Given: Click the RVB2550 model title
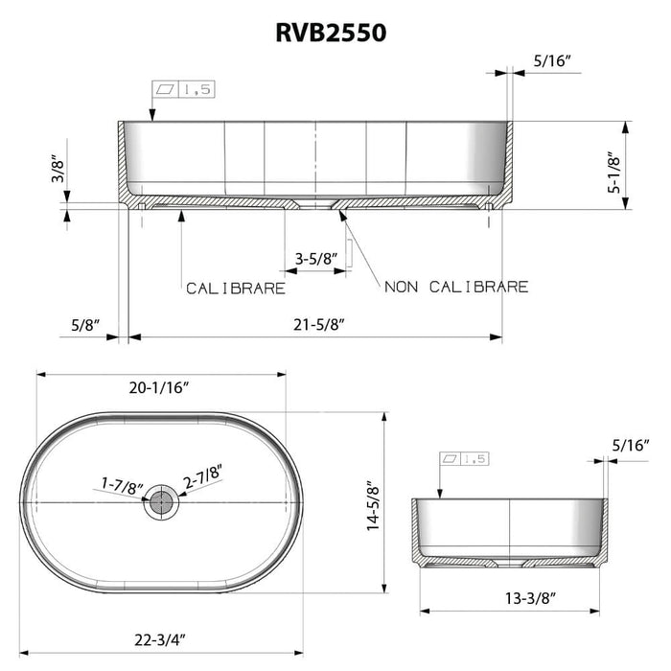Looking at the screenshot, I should tap(333, 34).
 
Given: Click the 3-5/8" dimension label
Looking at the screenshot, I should tap(314, 259).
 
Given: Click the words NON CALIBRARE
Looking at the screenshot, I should tap(457, 287).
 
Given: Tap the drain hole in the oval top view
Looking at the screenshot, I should tap(161, 501).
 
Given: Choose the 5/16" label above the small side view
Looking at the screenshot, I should tap(631, 444).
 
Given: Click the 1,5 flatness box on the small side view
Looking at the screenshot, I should tap(465, 459).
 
